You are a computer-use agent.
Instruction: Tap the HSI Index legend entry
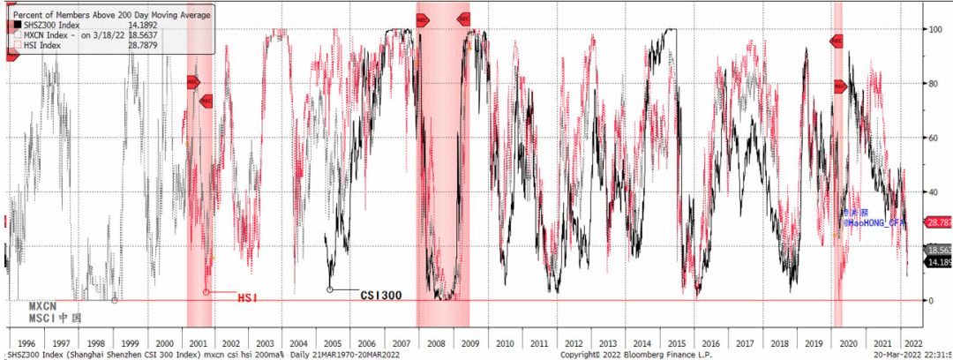39,46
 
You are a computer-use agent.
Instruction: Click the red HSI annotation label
248,297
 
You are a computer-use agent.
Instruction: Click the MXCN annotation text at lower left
43,305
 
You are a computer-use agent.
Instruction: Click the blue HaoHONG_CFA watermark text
875,223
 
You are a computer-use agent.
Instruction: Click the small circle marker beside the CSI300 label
330,289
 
